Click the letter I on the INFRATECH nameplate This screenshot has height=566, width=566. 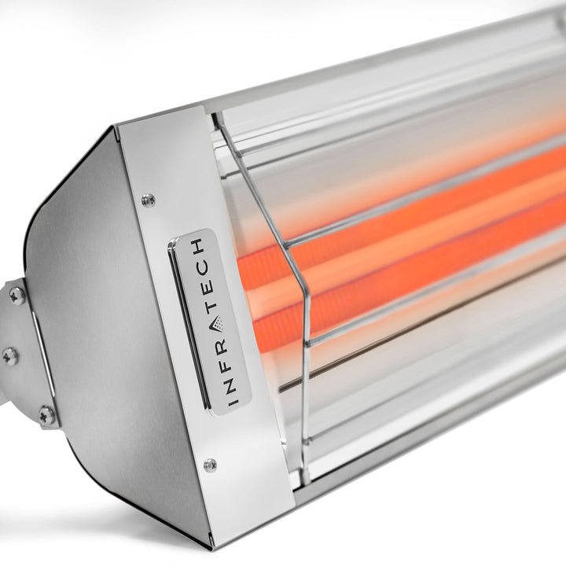coord(234,401)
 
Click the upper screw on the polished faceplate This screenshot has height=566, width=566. coord(148,200)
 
